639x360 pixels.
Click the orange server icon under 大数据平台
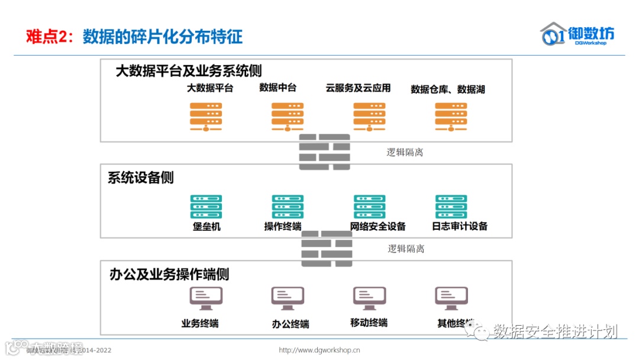[x=206, y=117]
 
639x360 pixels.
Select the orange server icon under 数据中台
[x=288, y=117]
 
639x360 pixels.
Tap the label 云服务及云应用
[x=358, y=88]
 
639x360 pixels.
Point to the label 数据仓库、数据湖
[x=448, y=89]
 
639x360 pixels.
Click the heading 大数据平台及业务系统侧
[x=188, y=72]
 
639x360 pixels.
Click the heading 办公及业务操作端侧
[x=169, y=274]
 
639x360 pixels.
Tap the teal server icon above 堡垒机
[x=206, y=207]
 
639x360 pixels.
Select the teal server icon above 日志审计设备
[x=451, y=207]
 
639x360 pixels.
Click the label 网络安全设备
[x=377, y=226]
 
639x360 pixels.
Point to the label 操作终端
[x=282, y=226]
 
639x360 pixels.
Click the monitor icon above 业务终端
[x=205, y=298]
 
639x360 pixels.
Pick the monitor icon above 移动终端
[x=369, y=298]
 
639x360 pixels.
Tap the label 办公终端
[x=291, y=324]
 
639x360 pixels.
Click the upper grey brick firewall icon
[x=324, y=152]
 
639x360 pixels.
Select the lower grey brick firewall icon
[x=327, y=249]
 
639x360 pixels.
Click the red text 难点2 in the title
[x=46, y=37]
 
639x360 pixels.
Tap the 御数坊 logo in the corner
[x=577, y=34]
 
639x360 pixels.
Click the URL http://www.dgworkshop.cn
[x=319, y=350]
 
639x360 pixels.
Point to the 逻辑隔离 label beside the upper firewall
[x=405, y=152]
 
